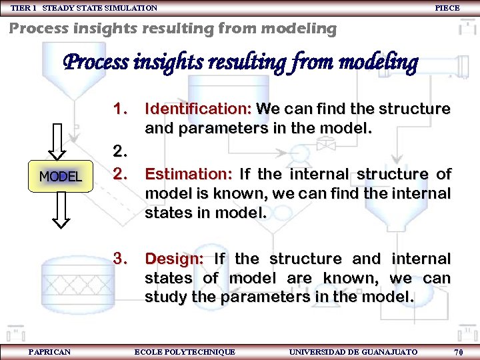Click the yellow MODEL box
point(60,177)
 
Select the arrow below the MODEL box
point(60,210)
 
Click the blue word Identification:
point(198,109)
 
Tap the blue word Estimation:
point(188,175)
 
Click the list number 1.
point(120,108)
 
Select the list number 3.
point(120,258)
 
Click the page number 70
point(459,352)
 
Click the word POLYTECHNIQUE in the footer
point(203,352)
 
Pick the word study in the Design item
point(166,297)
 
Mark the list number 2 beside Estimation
point(120,174)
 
